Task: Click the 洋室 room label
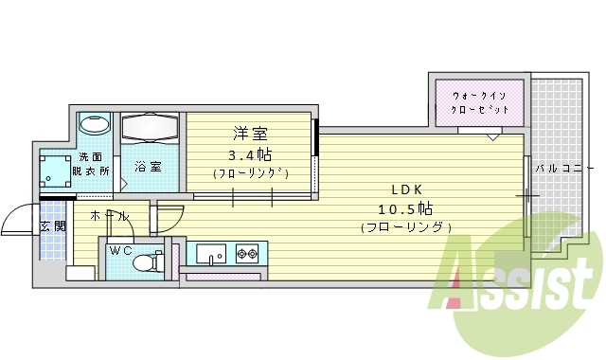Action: point(248,133)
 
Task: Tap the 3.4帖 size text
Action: point(249,153)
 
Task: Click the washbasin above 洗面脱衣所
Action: point(95,125)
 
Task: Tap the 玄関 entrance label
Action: point(52,226)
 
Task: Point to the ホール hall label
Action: point(109,216)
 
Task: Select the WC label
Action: point(120,250)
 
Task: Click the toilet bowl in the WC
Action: point(145,262)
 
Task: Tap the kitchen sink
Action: point(209,254)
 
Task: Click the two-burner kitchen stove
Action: point(247,254)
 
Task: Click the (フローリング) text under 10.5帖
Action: point(406,227)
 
